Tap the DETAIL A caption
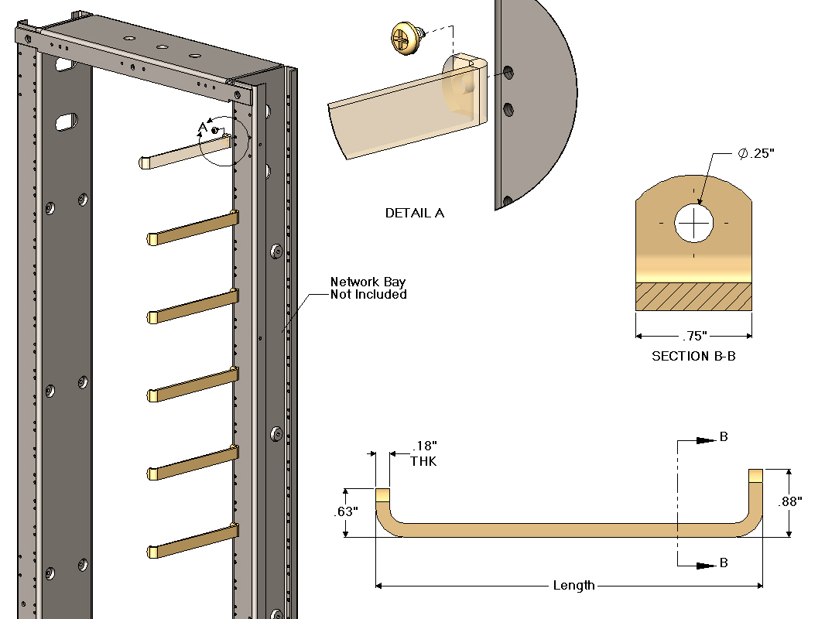(415, 213)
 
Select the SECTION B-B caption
(693, 356)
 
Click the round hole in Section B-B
(694, 224)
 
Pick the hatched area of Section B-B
(693, 296)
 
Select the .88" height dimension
(789, 501)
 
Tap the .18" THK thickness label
(424, 453)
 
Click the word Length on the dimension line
(573, 586)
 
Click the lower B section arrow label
(724, 563)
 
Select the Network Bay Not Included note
(368, 288)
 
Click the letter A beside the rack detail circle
(203, 127)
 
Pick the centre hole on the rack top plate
(162, 46)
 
